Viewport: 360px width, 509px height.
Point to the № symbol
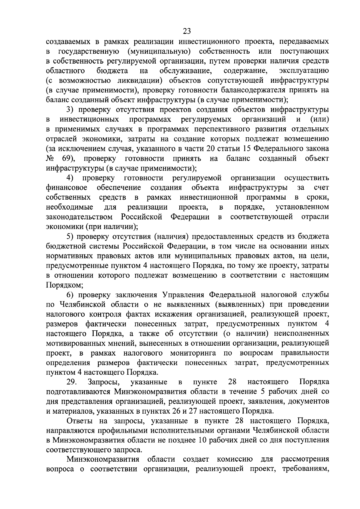point(50,158)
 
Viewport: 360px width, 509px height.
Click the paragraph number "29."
point(72,382)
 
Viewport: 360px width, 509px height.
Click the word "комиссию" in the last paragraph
point(235,460)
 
